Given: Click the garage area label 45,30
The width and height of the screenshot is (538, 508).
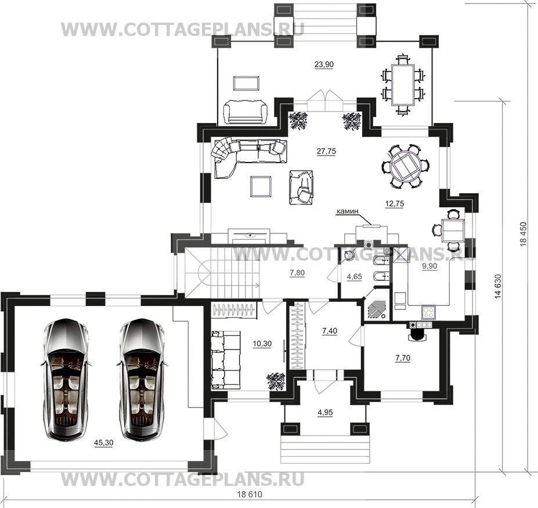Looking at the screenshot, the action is coord(104,443).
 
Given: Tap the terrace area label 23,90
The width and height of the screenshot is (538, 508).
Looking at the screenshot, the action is coord(324,64).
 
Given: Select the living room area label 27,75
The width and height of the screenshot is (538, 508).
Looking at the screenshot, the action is coord(326,151).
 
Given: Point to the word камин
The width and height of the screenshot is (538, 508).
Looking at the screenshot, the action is coord(347,212).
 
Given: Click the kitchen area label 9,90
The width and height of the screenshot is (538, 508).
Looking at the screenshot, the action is coord(429,266).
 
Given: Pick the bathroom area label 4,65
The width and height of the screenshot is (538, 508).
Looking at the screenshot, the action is coord(355,276).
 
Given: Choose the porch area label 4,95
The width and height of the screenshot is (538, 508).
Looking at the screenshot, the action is coord(325,412).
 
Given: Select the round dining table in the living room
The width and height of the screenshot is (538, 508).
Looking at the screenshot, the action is coord(405,166).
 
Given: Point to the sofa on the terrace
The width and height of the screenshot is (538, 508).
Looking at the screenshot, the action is coord(245,112).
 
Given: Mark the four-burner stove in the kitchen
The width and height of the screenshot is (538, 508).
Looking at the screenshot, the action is coord(428,312).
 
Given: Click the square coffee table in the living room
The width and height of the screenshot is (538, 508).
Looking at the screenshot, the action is coord(261,186).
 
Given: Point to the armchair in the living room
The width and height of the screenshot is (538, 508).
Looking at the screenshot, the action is coord(301,187).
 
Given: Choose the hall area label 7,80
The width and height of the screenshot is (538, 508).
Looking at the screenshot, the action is coord(297,273).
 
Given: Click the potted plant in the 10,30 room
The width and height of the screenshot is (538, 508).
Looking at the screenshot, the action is coord(276,381).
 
